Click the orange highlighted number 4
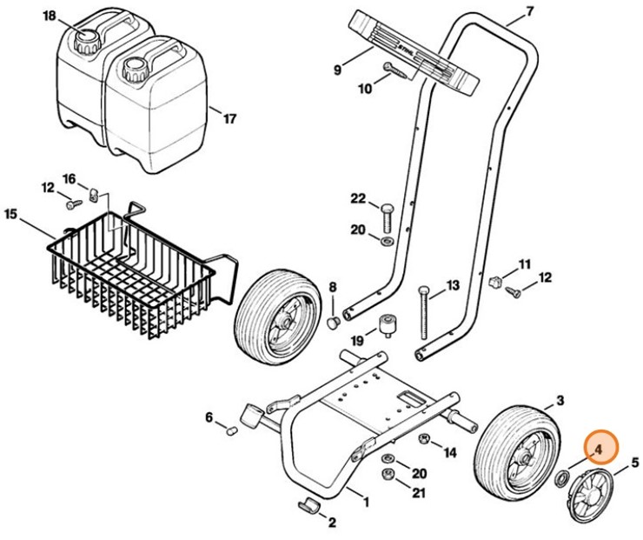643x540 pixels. point(598,450)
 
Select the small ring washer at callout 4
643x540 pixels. point(561,479)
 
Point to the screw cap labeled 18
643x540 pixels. point(88,42)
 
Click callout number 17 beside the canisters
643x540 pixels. point(229,119)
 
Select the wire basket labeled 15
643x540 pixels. point(142,270)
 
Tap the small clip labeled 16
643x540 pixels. point(95,194)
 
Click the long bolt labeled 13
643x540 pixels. point(424,313)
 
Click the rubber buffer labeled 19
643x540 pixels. point(388,326)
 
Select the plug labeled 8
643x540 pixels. point(334,323)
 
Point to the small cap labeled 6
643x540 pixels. point(233,430)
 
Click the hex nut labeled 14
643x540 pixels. point(424,439)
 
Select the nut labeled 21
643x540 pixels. point(388,474)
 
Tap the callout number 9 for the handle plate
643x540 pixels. point(336,70)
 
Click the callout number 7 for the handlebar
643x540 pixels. point(529,12)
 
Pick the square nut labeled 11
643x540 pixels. point(496,282)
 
